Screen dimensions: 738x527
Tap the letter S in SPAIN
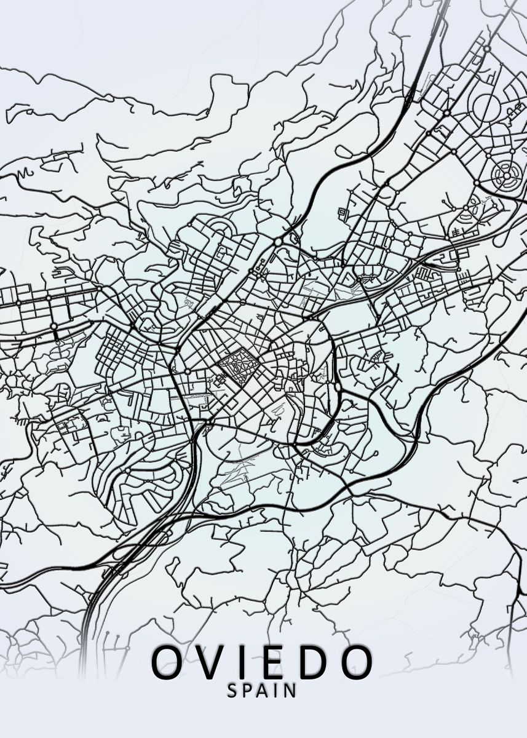coord(233,691)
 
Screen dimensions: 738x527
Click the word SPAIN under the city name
coord(262,691)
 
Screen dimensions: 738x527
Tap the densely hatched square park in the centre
coord(237,368)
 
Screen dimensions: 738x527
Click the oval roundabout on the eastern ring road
coord(338,388)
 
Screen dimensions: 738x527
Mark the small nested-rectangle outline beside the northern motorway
coord(343,213)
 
